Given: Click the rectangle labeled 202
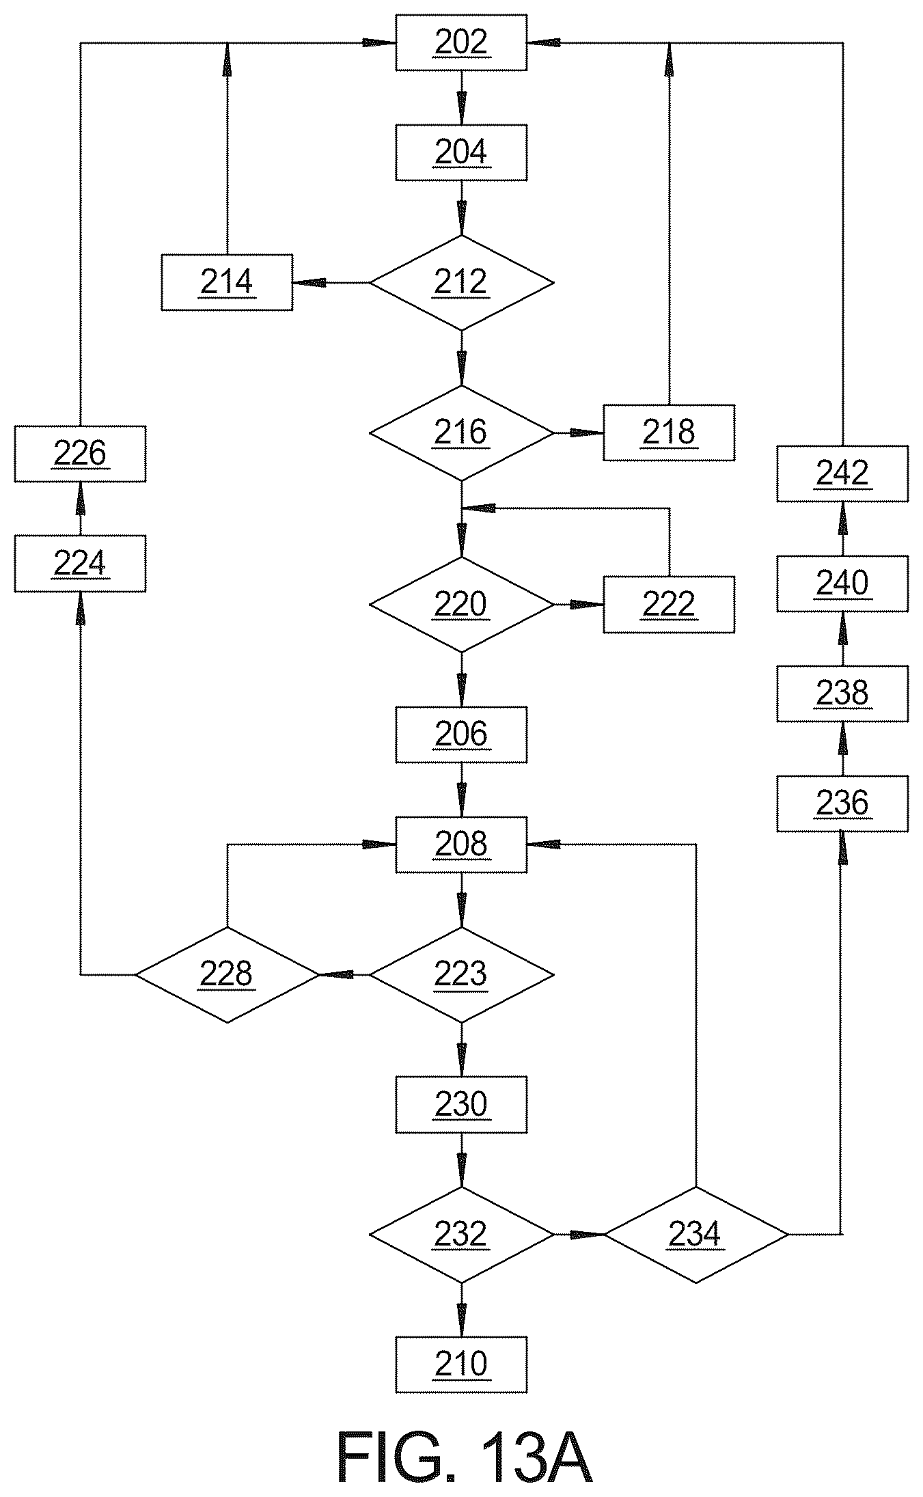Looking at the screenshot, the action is (x=461, y=42).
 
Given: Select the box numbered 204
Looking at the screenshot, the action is (x=461, y=152).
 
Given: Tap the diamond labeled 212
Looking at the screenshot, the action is (x=461, y=282).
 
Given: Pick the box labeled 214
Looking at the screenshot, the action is (x=227, y=282).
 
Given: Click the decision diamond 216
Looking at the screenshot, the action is (x=461, y=432).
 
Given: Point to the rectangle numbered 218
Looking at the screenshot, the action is (x=669, y=432).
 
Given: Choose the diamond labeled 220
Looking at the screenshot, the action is (x=461, y=605).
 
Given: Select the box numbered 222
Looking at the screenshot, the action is (x=669, y=605).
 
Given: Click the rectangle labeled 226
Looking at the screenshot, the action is (x=80, y=454).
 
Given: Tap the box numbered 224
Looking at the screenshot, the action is (x=80, y=564).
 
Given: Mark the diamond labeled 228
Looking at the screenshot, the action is (x=227, y=974).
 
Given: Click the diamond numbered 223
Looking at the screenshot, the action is (x=461, y=974).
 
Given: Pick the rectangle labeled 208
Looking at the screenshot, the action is (x=461, y=844).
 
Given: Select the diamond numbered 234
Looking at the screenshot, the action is (x=696, y=1235).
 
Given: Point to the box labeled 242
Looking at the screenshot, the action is (x=842, y=473).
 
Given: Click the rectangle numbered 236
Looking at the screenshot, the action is (x=842, y=804).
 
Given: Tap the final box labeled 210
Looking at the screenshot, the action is (x=461, y=1364).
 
